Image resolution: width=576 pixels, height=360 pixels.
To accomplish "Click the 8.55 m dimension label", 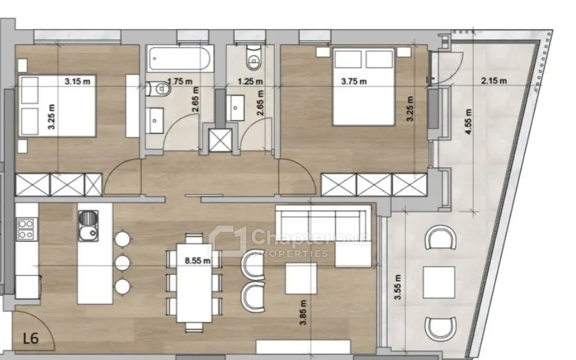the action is (x=197, y=261).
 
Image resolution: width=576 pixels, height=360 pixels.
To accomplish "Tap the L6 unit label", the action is (x=31, y=338).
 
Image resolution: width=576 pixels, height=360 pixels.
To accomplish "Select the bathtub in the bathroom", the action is (x=180, y=58).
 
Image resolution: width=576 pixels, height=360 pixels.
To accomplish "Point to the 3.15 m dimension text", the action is (x=77, y=81).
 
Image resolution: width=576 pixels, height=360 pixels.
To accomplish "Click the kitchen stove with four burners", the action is (x=26, y=229).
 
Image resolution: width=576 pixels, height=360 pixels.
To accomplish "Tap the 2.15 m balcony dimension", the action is (x=494, y=81).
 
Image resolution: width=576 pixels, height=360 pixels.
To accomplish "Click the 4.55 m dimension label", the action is (x=468, y=121).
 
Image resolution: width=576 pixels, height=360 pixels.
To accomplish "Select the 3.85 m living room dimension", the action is (x=303, y=312).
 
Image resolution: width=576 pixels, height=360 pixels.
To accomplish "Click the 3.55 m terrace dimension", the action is (x=398, y=287).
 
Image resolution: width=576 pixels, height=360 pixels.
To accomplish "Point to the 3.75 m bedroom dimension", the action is (x=354, y=81).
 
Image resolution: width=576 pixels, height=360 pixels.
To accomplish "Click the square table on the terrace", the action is (x=439, y=282).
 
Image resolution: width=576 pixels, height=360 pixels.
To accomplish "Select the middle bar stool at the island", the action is (x=122, y=262).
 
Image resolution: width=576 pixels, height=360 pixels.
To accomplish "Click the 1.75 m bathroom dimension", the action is (x=180, y=81).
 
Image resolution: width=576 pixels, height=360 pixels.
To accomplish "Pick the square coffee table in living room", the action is (x=301, y=279).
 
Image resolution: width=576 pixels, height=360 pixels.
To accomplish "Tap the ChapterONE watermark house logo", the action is (x=228, y=241).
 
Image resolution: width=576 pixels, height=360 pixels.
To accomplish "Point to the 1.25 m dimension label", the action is (x=250, y=81).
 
